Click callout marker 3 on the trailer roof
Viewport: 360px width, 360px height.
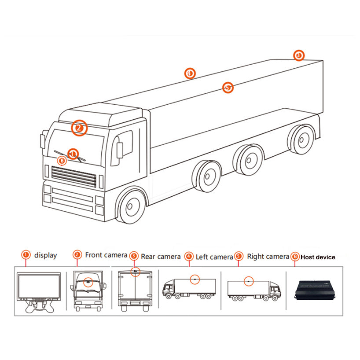[299, 55]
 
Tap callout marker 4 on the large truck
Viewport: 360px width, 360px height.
[190, 73]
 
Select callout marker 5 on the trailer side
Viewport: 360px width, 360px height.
[228, 88]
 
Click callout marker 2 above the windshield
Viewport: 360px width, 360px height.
[80, 128]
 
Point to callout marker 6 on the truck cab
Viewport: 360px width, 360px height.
[62, 161]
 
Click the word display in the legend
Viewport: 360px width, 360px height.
[46, 255]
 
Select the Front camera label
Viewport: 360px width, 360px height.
[106, 255]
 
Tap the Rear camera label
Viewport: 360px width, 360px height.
[161, 256]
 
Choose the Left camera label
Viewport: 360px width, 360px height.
[214, 257]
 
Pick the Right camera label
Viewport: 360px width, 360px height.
[268, 256]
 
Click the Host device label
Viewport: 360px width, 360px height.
[318, 257]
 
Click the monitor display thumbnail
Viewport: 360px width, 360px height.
[38, 291]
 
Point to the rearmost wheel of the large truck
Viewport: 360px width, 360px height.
[302, 139]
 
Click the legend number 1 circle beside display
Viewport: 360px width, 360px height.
[26, 255]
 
